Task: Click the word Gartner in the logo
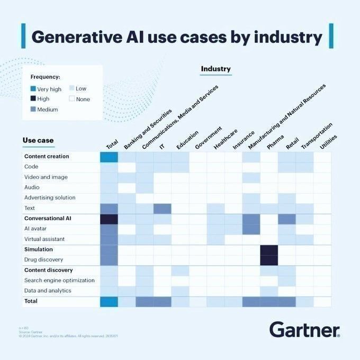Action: pos(304,329)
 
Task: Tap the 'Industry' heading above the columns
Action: pos(215,69)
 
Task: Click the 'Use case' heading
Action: pos(38,140)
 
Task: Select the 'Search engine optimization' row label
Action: pos(59,280)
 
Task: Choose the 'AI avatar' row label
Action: pos(38,229)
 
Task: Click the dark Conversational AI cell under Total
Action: pos(109,219)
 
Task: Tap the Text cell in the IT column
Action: pos(163,209)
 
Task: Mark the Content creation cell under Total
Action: pos(109,157)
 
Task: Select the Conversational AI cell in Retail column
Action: pos(286,219)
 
